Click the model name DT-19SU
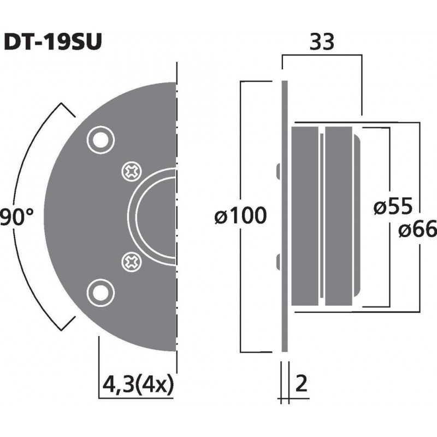point(52,42)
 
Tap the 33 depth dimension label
point(322,42)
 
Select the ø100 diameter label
point(241,216)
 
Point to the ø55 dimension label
point(393,207)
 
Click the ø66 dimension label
point(417,231)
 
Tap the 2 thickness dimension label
point(302,385)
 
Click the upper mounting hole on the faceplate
point(100,140)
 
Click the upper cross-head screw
point(131,172)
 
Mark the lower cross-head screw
point(131,261)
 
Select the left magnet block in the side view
point(305,216)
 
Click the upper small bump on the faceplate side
point(279,170)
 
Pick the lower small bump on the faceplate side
point(279,262)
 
